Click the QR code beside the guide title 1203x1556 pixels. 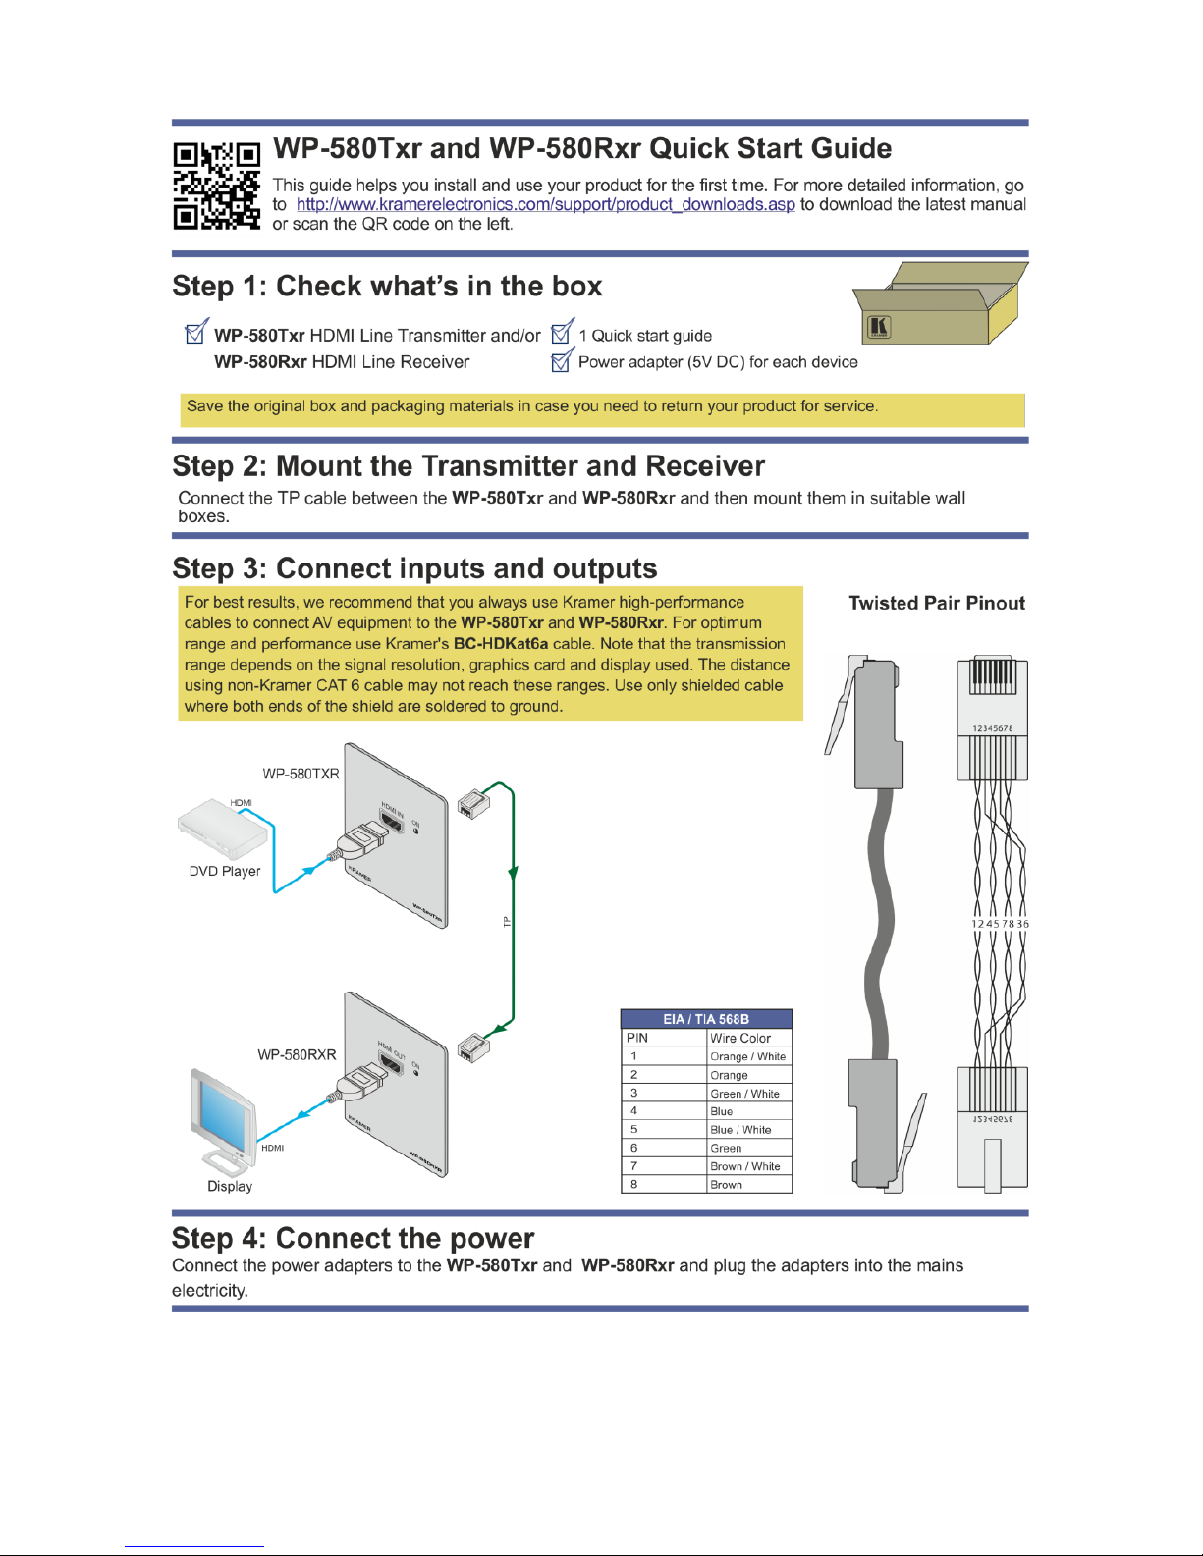pyautogui.click(x=216, y=186)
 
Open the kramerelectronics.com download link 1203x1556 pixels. pyautogui.click(x=545, y=204)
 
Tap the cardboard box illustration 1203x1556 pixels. pyautogui.click(x=939, y=303)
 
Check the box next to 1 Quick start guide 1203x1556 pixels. pyautogui.click(x=561, y=333)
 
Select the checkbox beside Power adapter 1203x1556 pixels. pyautogui.click(x=561, y=360)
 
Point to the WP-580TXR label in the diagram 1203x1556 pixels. pyautogui.click(x=301, y=774)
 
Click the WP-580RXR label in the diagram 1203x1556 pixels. pyautogui.click(x=297, y=1054)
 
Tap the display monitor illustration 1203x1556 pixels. pyautogui.click(x=223, y=1120)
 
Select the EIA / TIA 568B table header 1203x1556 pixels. pyautogui.click(x=706, y=1019)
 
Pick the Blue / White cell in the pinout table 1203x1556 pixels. pyautogui.click(x=740, y=1130)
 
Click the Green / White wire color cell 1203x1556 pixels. pyautogui.click(x=744, y=1094)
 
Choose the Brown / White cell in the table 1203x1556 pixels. pyautogui.click(x=744, y=1166)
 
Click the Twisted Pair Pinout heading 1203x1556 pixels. pyautogui.click(x=937, y=603)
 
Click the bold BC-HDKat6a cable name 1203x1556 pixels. pyautogui.click(x=500, y=644)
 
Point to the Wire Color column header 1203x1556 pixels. pyautogui.click(x=740, y=1038)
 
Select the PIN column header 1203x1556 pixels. pyautogui.click(x=637, y=1038)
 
